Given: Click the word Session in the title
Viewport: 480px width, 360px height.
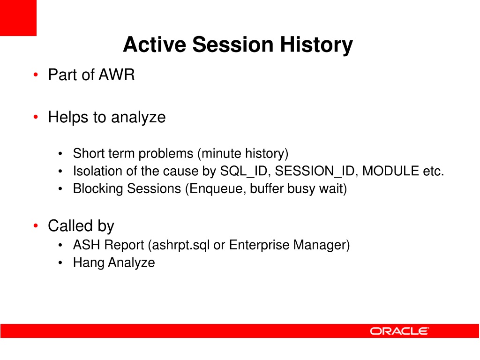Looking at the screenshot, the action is (232, 45).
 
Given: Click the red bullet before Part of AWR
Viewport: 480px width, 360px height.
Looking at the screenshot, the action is (36, 75).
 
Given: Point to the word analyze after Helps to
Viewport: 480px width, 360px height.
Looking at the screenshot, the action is (138, 118).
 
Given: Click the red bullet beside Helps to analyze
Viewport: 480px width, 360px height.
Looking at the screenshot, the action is (36, 117).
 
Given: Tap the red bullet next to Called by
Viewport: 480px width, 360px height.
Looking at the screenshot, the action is (36, 225).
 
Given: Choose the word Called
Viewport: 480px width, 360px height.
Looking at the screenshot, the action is (70, 225).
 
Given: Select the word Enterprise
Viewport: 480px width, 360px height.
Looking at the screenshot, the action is (259, 245).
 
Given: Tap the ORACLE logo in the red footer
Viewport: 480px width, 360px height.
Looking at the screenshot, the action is (399, 331).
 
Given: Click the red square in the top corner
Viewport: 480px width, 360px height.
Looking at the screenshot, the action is (18, 18).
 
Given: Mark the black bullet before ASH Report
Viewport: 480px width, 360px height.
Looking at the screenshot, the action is (60, 245).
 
